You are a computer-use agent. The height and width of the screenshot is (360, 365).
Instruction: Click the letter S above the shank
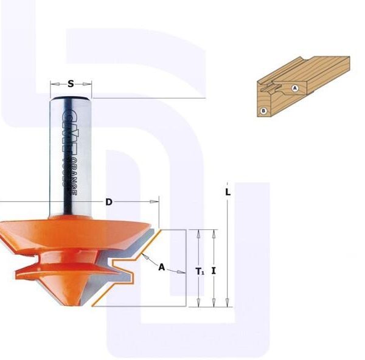(71, 84)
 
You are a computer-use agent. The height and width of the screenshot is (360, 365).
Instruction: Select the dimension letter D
(109, 202)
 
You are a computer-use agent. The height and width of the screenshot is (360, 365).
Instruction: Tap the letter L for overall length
(228, 192)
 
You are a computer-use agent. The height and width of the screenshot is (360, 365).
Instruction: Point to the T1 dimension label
(200, 272)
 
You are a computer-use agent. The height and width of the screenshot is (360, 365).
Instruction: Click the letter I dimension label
(214, 271)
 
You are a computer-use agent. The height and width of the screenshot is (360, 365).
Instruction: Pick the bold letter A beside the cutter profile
(161, 266)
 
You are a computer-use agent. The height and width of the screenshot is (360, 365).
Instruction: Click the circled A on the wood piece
(295, 88)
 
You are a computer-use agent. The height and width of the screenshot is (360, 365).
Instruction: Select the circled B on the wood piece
(263, 111)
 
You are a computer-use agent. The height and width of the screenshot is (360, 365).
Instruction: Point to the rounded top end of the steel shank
(71, 96)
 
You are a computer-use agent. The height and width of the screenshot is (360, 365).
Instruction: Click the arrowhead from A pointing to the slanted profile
(146, 257)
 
